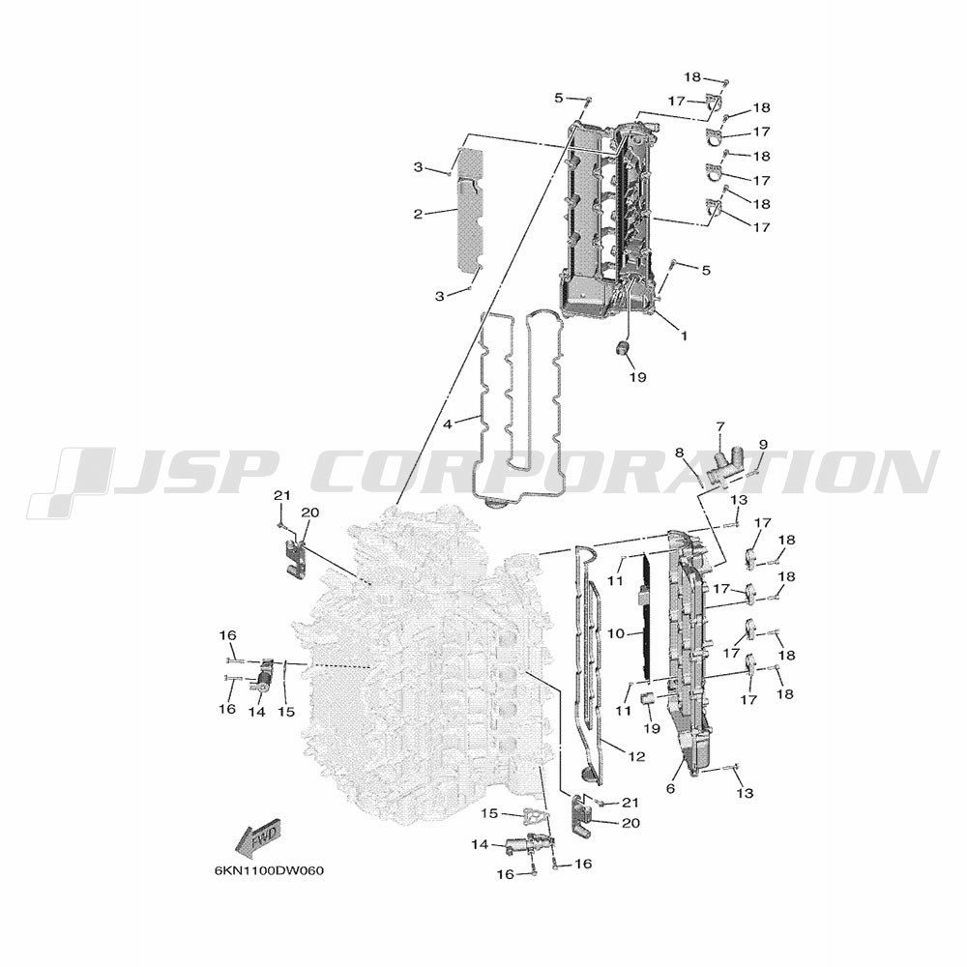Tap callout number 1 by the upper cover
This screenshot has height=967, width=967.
(x=684, y=336)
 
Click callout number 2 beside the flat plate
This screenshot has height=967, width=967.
(x=418, y=215)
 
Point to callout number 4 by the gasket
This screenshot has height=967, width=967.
(x=448, y=425)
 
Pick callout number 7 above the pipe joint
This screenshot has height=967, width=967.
(x=720, y=426)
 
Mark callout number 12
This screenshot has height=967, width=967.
(x=637, y=756)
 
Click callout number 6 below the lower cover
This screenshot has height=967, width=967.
(x=670, y=789)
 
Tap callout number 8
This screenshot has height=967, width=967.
(x=680, y=454)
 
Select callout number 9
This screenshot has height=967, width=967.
(x=763, y=444)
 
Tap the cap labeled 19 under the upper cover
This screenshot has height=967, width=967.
(x=623, y=348)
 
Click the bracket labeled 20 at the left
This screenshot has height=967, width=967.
(x=295, y=559)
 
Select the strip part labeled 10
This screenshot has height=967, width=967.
(x=644, y=617)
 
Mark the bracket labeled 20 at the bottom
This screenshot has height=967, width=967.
(x=581, y=815)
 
